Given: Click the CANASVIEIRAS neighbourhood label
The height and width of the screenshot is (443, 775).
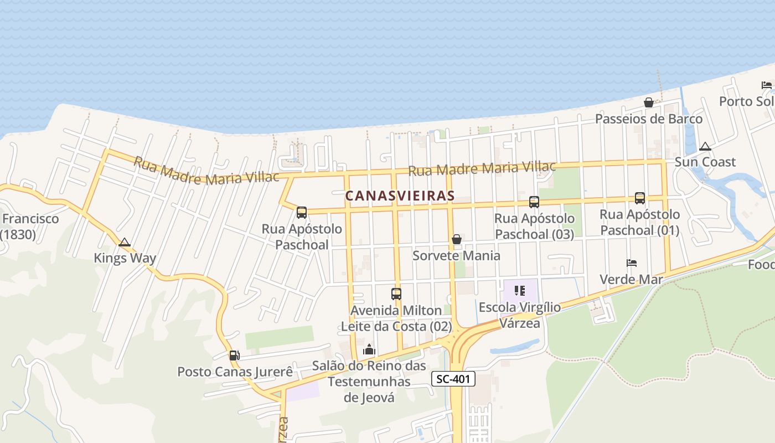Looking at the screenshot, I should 400,195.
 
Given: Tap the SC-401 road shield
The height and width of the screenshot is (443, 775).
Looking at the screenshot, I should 453,379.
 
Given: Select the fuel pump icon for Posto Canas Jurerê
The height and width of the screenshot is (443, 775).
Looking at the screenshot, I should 235,355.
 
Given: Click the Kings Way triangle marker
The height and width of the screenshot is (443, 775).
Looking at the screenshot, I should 125,242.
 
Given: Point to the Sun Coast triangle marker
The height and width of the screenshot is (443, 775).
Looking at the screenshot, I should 705,147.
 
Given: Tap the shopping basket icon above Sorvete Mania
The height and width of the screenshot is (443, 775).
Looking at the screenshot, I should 457,239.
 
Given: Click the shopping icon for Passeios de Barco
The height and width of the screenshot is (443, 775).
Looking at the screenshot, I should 648,102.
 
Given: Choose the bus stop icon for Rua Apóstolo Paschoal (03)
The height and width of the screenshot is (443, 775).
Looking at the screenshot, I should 534,202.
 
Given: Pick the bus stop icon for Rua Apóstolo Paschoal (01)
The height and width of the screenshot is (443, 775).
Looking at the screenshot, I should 640,198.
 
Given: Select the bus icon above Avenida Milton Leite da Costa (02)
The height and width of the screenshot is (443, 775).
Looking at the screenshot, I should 396,294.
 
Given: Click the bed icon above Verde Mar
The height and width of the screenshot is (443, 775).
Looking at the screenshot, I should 632,262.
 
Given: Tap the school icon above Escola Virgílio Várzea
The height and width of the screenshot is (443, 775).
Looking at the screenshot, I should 519,290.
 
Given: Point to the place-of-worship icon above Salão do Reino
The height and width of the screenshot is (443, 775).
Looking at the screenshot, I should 369,349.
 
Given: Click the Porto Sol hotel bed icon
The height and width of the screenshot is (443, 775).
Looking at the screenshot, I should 767,85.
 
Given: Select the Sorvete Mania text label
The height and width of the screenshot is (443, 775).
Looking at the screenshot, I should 457,255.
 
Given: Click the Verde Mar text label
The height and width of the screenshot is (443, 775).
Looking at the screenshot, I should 632,279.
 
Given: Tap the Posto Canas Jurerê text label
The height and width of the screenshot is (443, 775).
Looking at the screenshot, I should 235,372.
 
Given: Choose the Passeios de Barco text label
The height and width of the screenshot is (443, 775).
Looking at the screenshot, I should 648,119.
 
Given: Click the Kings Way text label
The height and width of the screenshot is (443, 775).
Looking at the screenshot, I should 125,258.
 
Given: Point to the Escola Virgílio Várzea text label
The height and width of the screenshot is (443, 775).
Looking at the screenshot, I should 519,315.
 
